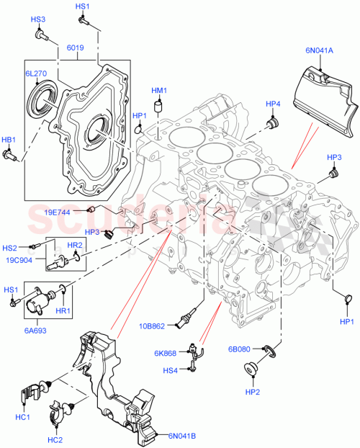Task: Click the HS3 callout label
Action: pos(37,19)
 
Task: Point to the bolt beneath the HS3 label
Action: pos(42,33)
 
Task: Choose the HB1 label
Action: pos(8,139)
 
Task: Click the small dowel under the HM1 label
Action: pos(159,108)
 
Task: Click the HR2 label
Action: pos(75,245)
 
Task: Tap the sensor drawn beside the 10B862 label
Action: pos(190,319)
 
